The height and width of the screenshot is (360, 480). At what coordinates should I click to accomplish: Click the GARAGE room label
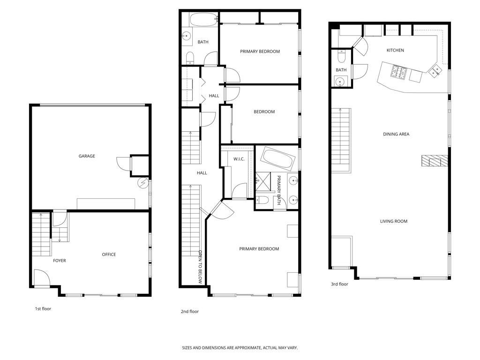[x=87, y=156]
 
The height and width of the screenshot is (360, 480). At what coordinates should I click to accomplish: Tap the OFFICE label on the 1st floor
[x=109, y=255]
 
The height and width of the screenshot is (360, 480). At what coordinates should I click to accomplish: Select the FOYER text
[x=59, y=261]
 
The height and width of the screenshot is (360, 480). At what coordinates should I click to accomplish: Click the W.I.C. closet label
[x=239, y=159]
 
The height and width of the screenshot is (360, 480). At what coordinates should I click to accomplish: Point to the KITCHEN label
[x=395, y=50]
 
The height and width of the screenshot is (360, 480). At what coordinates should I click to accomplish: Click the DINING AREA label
[x=396, y=134]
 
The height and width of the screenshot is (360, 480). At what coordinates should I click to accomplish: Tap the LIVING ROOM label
[x=393, y=221]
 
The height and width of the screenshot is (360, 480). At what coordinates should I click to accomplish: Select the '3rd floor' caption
[x=339, y=284]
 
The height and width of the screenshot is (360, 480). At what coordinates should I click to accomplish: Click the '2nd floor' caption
[x=190, y=311]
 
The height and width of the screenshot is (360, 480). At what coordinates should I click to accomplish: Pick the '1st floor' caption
[x=43, y=309]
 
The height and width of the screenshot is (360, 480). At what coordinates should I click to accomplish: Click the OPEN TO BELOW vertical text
[x=199, y=267]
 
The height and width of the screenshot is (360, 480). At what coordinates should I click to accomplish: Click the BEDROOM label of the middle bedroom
[x=264, y=112]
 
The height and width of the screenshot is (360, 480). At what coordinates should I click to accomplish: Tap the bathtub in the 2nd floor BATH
[x=202, y=21]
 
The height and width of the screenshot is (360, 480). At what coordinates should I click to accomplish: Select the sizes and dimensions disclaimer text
[x=240, y=348]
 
